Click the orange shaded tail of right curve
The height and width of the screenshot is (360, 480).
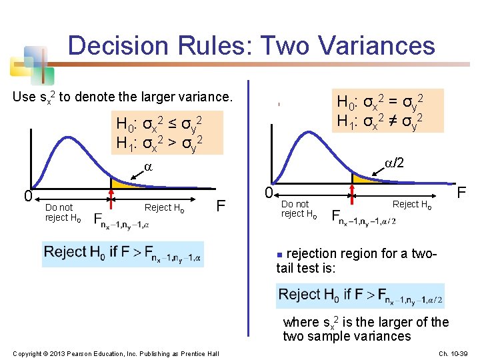[x=364, y=179]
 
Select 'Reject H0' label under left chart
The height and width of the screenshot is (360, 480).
[x=164, y=207]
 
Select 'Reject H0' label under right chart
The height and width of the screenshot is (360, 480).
[x=412, y=204]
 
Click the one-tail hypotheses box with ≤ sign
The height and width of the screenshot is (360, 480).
[x=159, y=133]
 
